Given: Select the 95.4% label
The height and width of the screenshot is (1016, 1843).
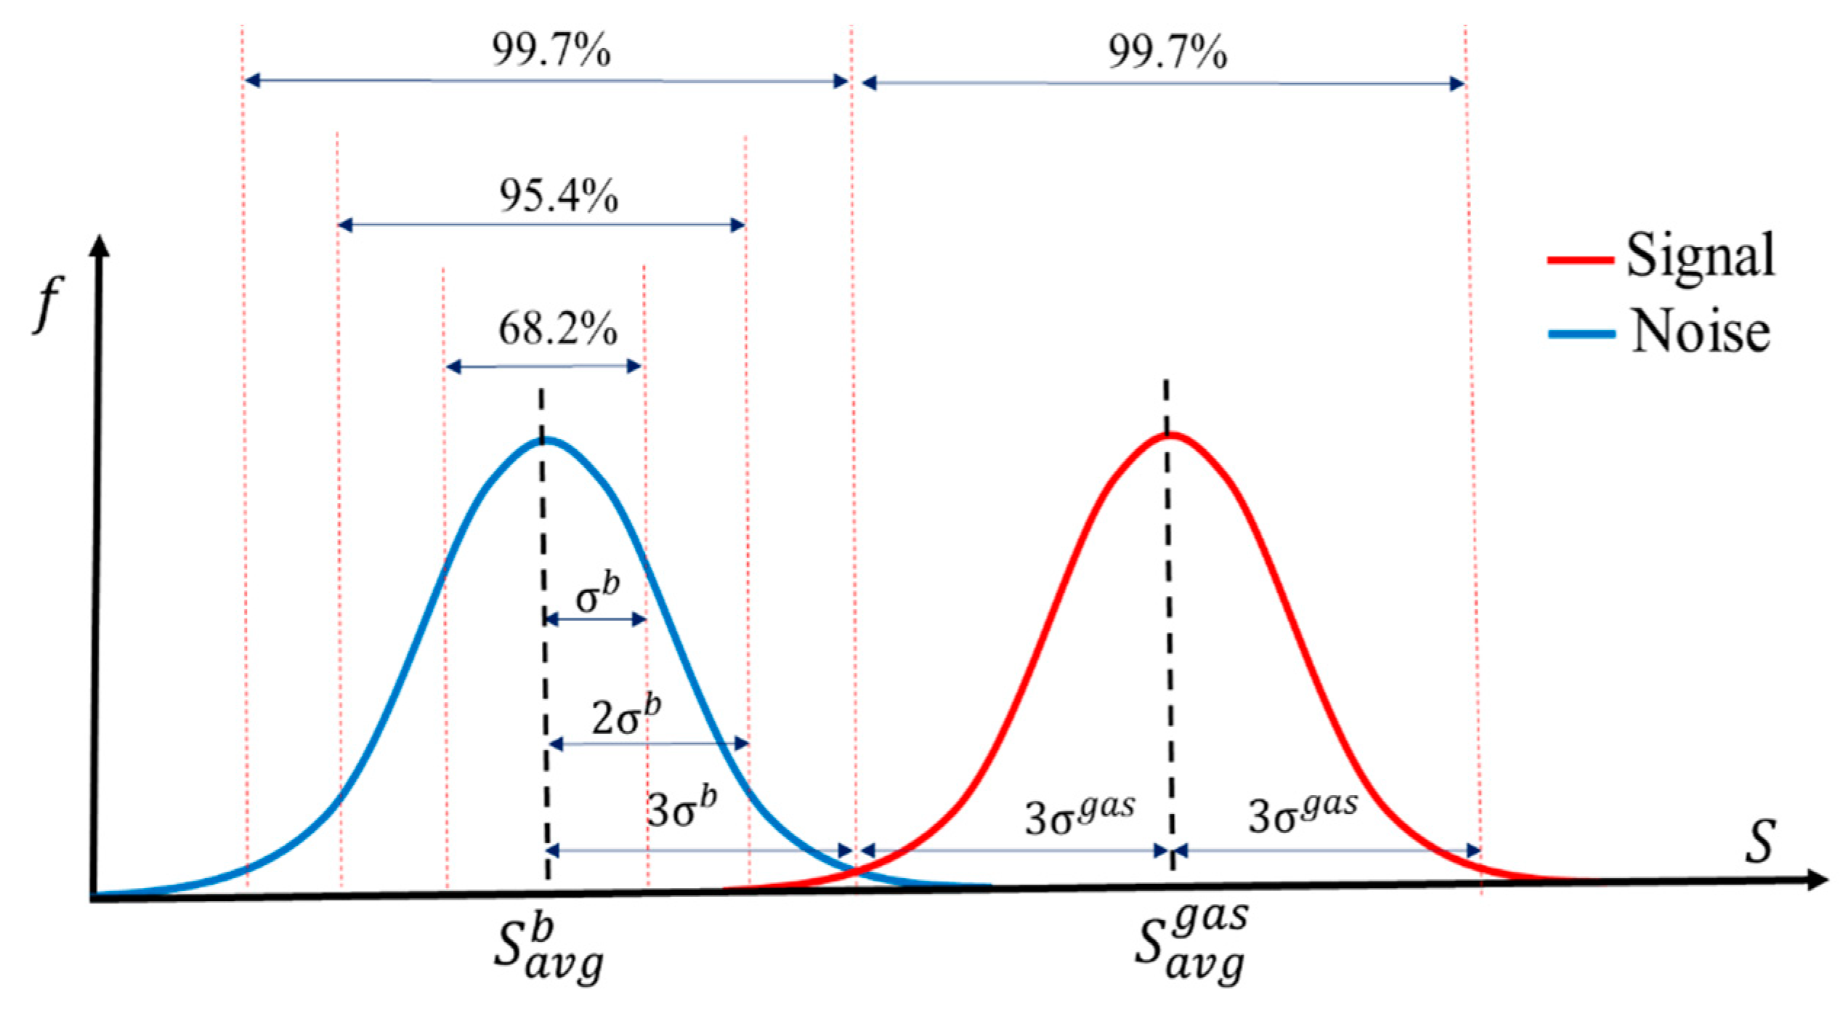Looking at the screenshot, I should [x=558, y=197].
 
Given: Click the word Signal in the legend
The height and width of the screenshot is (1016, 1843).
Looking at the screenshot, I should [x=1700, y=256].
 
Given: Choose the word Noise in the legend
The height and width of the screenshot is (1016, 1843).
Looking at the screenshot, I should [x=1700, y=332].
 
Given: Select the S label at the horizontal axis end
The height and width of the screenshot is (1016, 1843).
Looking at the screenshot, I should [x=1760, y=842].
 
